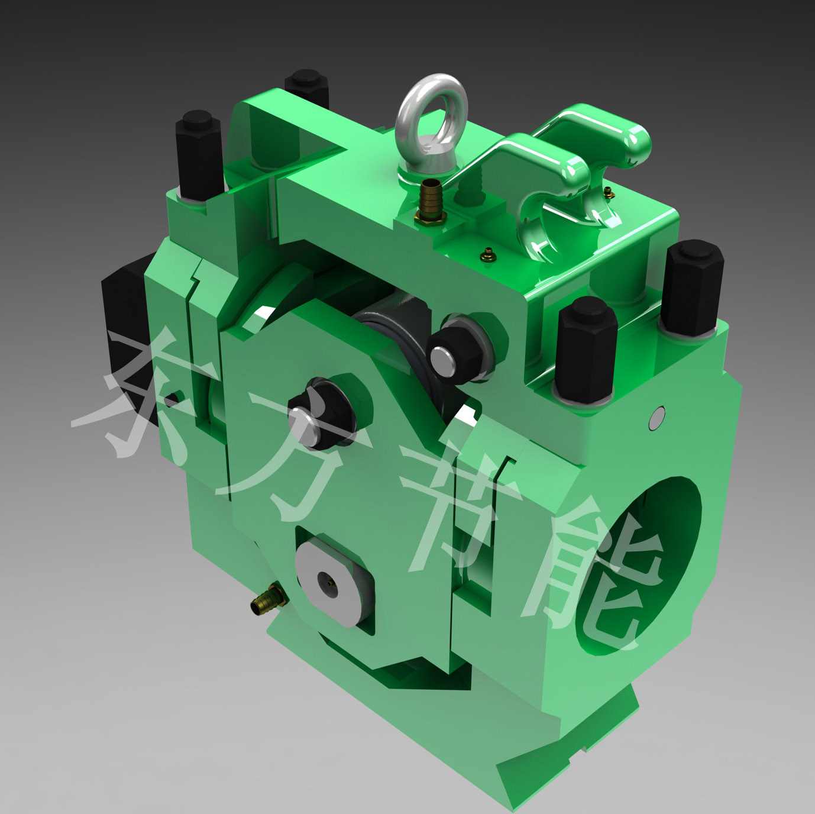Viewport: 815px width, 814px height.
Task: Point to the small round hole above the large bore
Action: (x=658, y=418)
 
